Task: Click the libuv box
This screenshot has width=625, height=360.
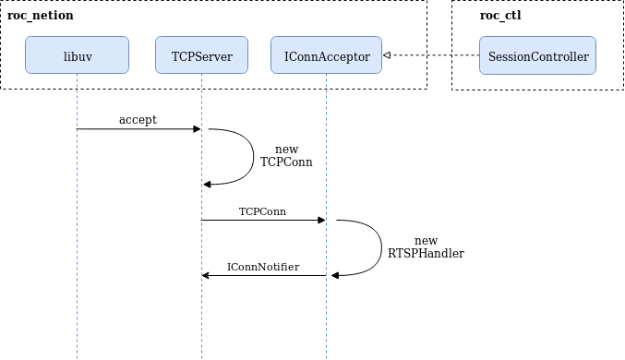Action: pyautogui.click(x=77, y=55)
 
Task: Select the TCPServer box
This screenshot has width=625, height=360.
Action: pyautogui.click(x=201, y=55)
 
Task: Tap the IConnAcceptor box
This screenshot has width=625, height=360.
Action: pyautogui.click(x=326, y=55)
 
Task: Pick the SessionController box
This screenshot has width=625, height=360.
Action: pyautogui.click(x=539, y=55)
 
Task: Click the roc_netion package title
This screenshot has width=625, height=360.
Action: pyautogui.click(x=41, y=16)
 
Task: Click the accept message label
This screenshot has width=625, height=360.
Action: pyautogui.click(x=138, y=120)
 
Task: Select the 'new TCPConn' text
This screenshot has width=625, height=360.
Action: pyautogui.click(x=286, y=155)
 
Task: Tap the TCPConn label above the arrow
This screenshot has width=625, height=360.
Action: pyautogui.click(x=262, y=211)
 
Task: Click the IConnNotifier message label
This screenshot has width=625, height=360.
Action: pyautogui.click(x=263, y=267)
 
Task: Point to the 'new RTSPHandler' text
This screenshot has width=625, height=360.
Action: pyautogui.click(x=426, y=246)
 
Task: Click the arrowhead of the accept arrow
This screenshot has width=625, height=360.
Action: pyautogui.click(x=197, y=129)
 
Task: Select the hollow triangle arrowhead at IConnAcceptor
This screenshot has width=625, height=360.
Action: pyautogui.click(x=387, y=56)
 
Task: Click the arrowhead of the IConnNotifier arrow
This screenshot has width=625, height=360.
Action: pyautogui.click(x=206, y=275)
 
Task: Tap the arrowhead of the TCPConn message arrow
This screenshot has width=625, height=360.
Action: pyautogui.click(x=321, y=220)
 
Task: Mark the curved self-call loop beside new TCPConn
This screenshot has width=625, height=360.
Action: pyautogui.click(x=251, y=157)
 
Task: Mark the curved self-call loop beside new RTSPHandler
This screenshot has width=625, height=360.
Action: pyautogui.click(x=380, y=247)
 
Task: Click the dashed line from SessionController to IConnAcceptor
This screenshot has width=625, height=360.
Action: pyautogui.click(x=434, y=56)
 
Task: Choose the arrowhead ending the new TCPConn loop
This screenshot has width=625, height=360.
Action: pyautogui.click(x=207, y=185)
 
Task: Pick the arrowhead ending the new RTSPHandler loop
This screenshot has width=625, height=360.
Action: pyautogui.click(x=335, y=275)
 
